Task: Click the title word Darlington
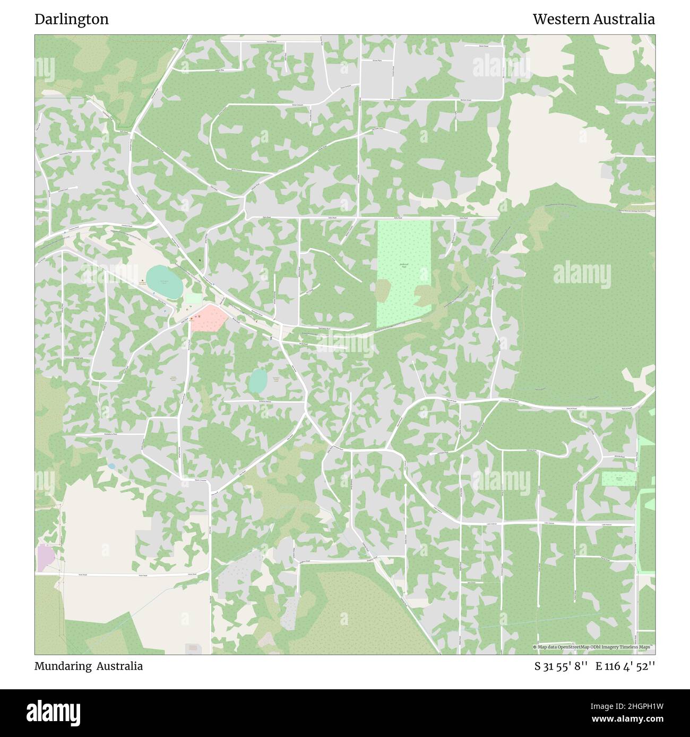point(72,20)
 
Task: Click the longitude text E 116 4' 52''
point(625,666)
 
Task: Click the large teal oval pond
point(165,282)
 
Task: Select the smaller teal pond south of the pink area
point(258,381)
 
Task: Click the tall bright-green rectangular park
point(403,273)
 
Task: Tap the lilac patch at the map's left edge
point(45,558)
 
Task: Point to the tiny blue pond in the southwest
point(111,467)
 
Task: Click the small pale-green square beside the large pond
point(193,299)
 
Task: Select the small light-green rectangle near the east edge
point(618,479)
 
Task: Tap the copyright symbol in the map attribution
point(535,647)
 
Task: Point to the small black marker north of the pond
point(200,260)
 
